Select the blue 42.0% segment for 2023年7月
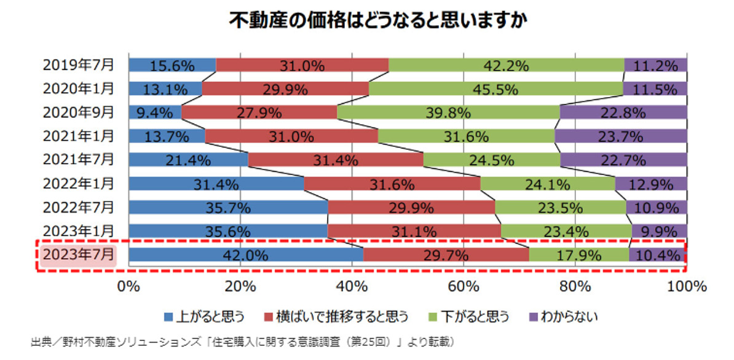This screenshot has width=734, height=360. (246, 255)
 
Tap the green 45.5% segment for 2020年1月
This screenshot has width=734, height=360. (495, 88)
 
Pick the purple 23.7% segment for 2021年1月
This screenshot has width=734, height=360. (621, 136)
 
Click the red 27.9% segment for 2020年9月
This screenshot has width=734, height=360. (259, 112)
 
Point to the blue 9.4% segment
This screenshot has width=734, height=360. (155, 112)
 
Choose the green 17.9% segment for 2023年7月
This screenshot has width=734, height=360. (578, 255)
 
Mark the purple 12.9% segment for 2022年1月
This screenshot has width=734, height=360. (651, 183)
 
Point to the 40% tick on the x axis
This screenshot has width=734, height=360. (352, 286)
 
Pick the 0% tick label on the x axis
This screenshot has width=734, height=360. (128, 286)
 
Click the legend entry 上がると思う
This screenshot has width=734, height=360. (205, 316)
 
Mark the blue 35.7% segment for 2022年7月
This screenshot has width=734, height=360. (228, 207)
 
